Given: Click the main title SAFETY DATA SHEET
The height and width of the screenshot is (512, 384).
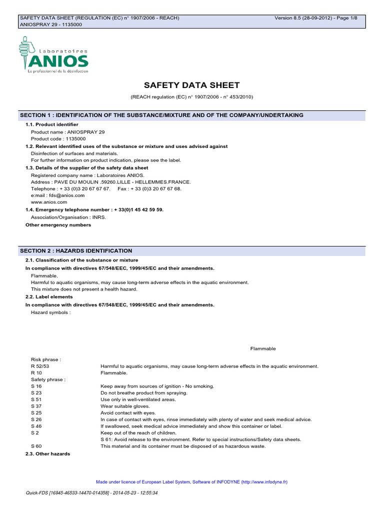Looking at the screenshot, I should click(x=191, y=85).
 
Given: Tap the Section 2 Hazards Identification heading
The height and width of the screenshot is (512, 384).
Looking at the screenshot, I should click(x=76, y=250).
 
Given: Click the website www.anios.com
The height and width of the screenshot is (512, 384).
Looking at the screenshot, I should click(x=48, y=202).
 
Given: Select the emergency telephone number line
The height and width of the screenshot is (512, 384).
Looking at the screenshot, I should click(x=94, y=210).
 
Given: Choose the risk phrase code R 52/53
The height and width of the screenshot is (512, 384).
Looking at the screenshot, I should click(x=39, y=366).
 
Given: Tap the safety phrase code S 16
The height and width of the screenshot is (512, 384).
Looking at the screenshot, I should click(x=36, y=386).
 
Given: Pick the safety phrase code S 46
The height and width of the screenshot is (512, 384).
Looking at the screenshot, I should click(x=36, y=426).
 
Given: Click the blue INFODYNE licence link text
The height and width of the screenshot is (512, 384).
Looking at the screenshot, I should click(x=191, y=482).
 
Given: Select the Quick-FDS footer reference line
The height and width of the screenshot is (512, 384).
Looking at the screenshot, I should click(x=91, y=493).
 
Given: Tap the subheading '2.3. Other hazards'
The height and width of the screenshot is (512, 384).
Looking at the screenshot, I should click(x=47, y=453).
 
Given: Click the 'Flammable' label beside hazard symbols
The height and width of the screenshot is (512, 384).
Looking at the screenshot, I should click(x=262, y=348).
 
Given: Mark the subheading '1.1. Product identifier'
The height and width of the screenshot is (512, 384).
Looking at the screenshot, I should click(x=51, y=124).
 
